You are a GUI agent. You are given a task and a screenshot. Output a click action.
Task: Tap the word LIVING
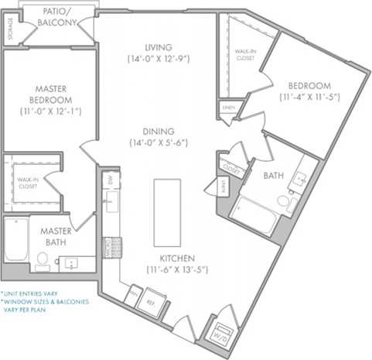pos(158,46)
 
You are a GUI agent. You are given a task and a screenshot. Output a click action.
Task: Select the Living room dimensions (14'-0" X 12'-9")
pos(158,58)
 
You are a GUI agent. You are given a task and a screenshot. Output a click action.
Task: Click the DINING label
pos(158,131)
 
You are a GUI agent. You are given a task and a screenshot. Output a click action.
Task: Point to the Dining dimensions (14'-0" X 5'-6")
pos(158,142)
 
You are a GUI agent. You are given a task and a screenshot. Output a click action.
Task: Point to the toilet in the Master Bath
pos(41,260)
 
